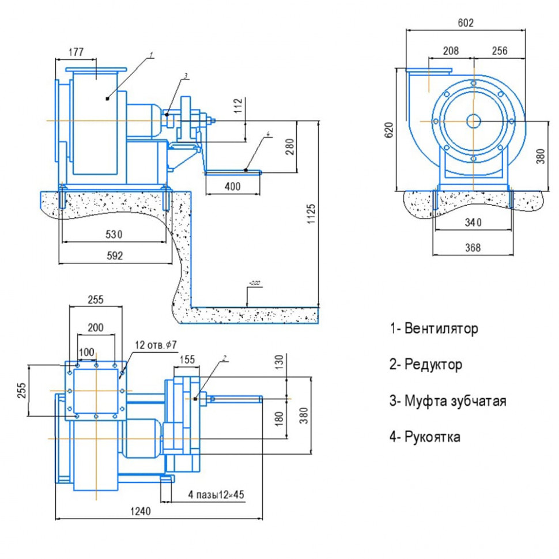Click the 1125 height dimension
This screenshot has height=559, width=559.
[311, 214]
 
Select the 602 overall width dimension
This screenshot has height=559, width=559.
[466, 23]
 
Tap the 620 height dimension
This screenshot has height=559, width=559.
[390, 130]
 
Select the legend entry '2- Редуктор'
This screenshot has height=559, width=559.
[426, 364]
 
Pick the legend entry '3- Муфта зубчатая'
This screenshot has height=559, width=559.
[448, 401]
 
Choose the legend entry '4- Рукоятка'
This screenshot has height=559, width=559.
[425, 437]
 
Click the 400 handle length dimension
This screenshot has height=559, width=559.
[233, 187]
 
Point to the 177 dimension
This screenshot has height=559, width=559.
[76, 52]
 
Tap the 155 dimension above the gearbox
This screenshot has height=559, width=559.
[188, 359]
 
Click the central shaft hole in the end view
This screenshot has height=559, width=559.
[474, 121]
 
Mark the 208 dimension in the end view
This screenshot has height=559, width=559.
[451, 51]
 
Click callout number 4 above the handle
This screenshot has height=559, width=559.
[269, 135]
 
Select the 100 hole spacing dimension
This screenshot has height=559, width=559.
[86, 352]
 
